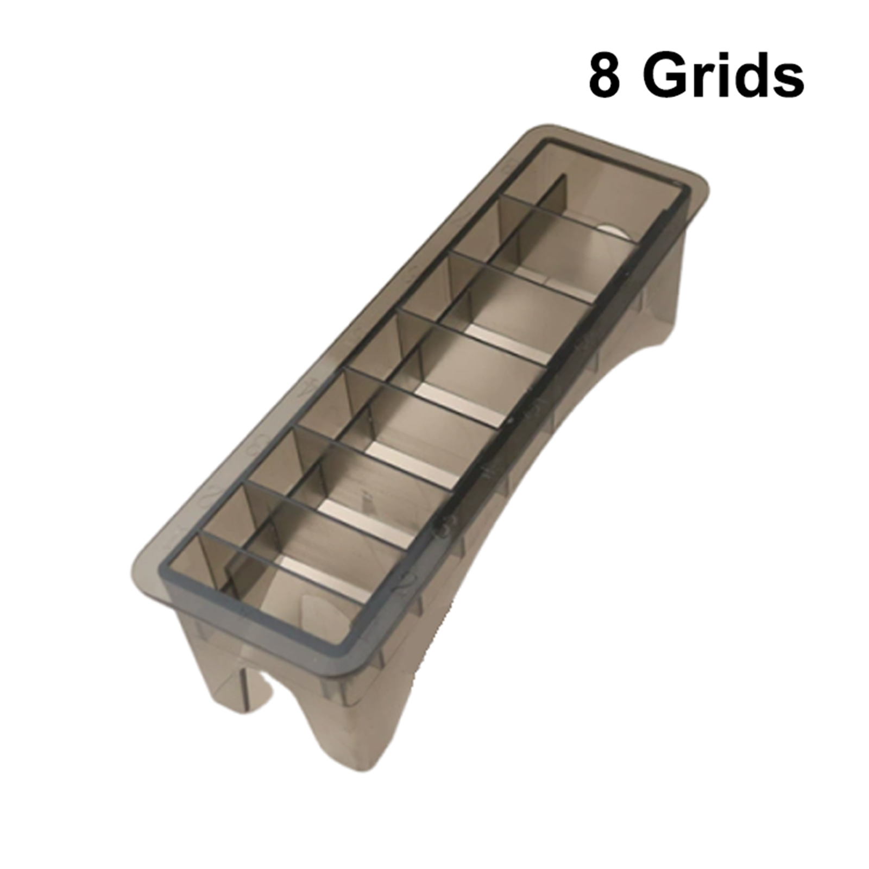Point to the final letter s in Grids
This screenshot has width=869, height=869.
(788, 81)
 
